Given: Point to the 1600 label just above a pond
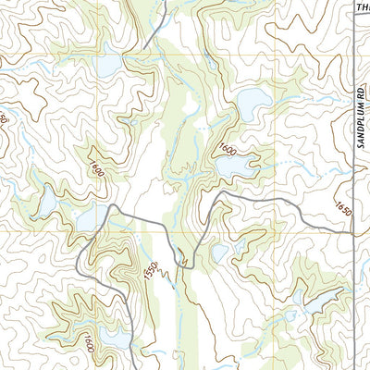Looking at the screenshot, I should (227, 148).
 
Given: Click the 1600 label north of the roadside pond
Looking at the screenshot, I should (96, 167).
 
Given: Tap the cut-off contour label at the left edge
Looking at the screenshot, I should (4, 120).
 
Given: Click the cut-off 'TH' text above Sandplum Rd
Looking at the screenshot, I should (362, 7).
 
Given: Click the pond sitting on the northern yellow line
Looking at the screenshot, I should (108, 68).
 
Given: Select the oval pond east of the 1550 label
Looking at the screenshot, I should (219, 252).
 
